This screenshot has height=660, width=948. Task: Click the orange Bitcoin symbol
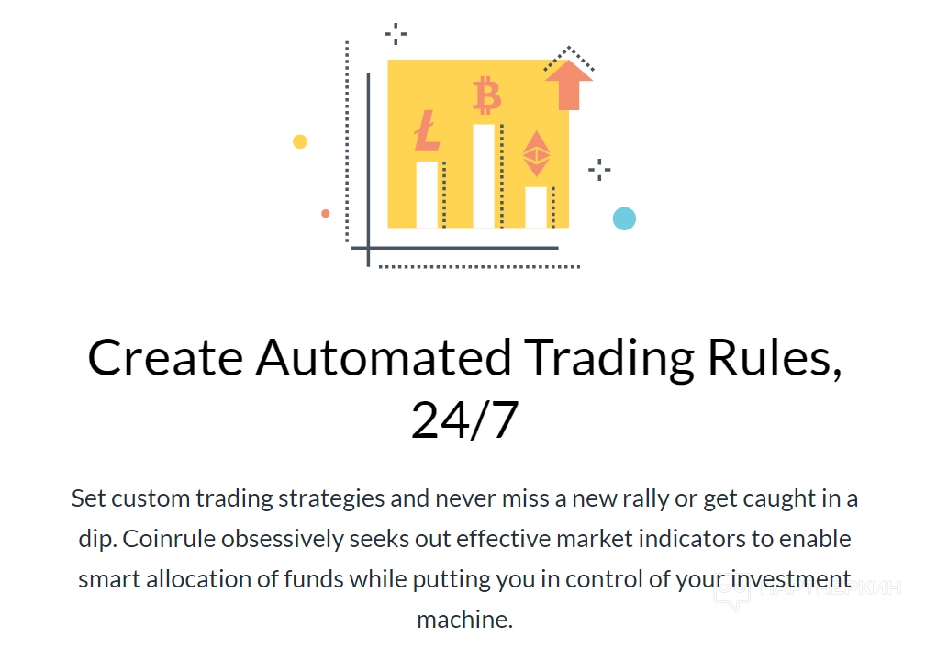click(486, 95)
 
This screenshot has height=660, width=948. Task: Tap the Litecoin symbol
click(427, 130)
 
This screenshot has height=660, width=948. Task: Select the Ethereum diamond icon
click(536, 153)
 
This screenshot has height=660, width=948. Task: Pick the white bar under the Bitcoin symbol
click(484, 176)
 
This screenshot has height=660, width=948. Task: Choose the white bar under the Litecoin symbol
click(427, 195)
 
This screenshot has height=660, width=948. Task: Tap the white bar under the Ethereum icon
click(536, 207)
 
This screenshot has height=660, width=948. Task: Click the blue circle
click(625, 218)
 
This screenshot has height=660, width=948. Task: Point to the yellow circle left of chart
click(300, 141)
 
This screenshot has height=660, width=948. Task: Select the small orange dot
click(325, 214)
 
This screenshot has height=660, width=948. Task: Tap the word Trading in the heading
click(609, 359)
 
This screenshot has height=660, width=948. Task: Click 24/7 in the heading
click(465, 419)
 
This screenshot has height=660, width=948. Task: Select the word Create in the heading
click(166, 357)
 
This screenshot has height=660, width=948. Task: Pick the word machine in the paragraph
click(465, 620)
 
